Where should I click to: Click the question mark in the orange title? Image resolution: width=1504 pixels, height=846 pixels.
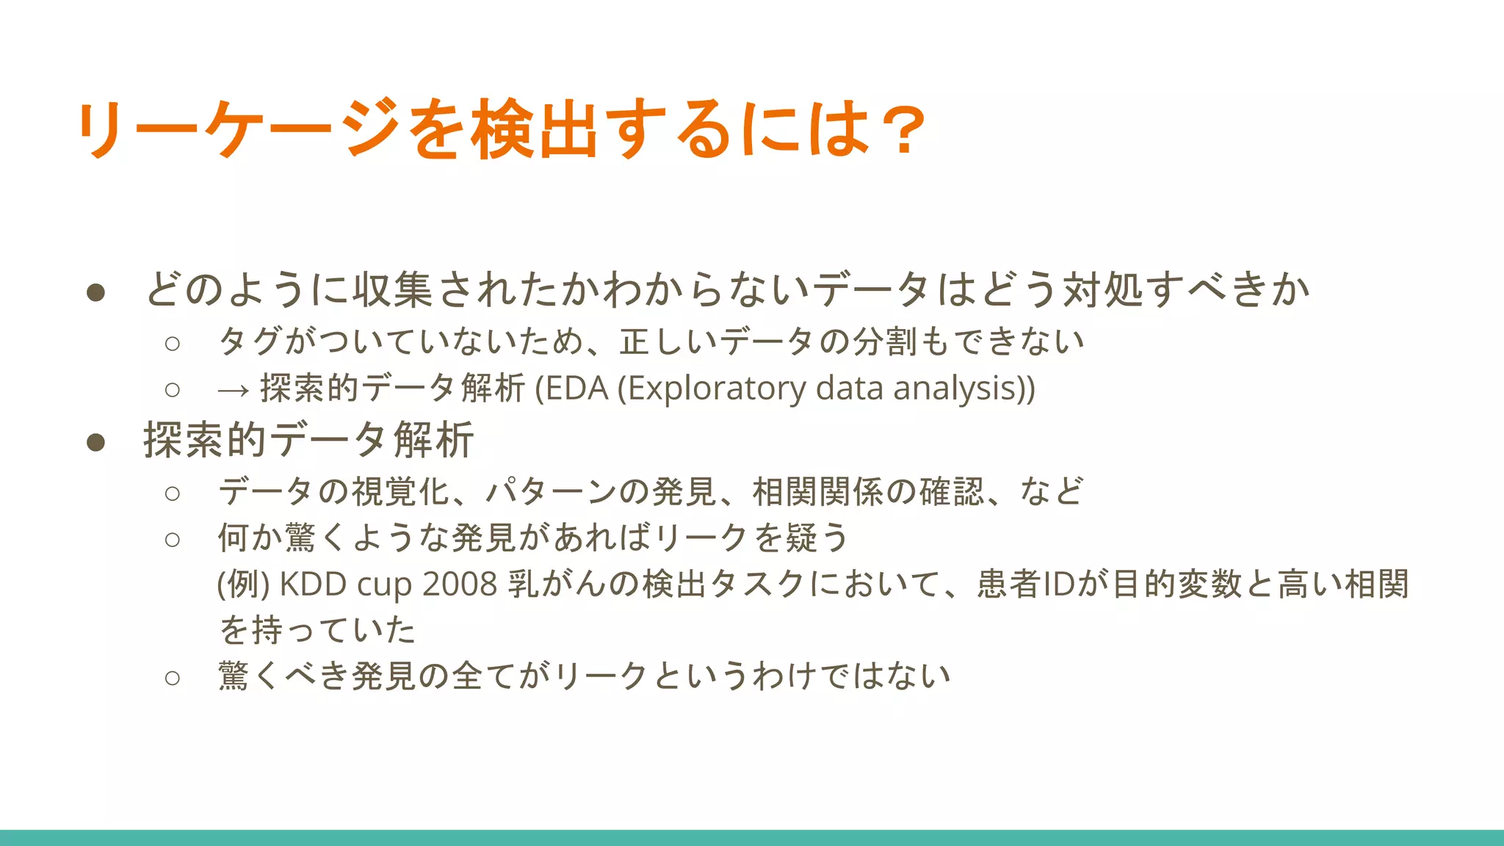pyautogui.click(x=901, y=131)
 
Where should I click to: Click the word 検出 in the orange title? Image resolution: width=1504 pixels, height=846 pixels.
pyautogui.click(x=534, y=129)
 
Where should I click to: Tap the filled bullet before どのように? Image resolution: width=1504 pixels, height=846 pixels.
pyautogui.click(x=95, y=293)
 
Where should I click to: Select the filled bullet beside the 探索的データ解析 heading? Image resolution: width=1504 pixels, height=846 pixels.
pyautogui.click(x=95, y=442)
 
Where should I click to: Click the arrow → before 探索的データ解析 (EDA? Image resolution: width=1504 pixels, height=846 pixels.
pyautogui.click(x=234, y=390)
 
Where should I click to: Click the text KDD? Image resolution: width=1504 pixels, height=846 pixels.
pyautogui.click(x=313, y=585)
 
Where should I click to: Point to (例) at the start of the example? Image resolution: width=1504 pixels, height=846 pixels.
pyautogui.click(x=244, y=585)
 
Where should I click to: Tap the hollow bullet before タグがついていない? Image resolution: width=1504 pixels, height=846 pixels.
pyautogui.click(x=173, y=343)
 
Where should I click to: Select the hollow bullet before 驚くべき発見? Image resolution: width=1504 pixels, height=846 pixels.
pyautogui.click(x=173, y=677)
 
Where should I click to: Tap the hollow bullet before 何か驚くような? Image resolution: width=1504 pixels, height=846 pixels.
pyautogui.click(x=173, y=540)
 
